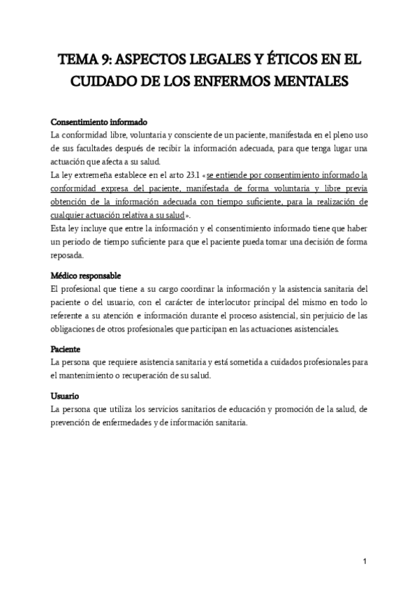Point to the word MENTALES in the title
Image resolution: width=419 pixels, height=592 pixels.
coord(326,81)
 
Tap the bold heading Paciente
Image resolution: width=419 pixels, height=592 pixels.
coord(66,348)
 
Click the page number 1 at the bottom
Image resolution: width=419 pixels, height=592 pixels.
coord(365,561)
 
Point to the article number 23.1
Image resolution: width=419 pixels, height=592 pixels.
coord(184,175)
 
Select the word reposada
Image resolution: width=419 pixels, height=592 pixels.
coord(69,255)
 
